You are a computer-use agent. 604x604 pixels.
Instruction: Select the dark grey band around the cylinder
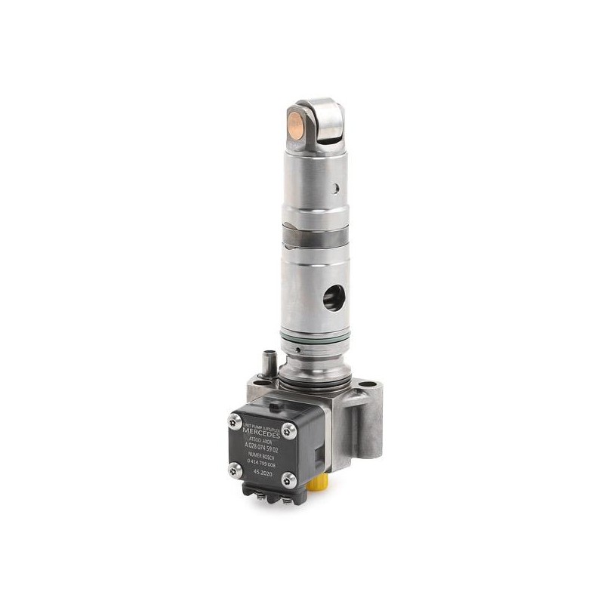pos(318,236)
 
